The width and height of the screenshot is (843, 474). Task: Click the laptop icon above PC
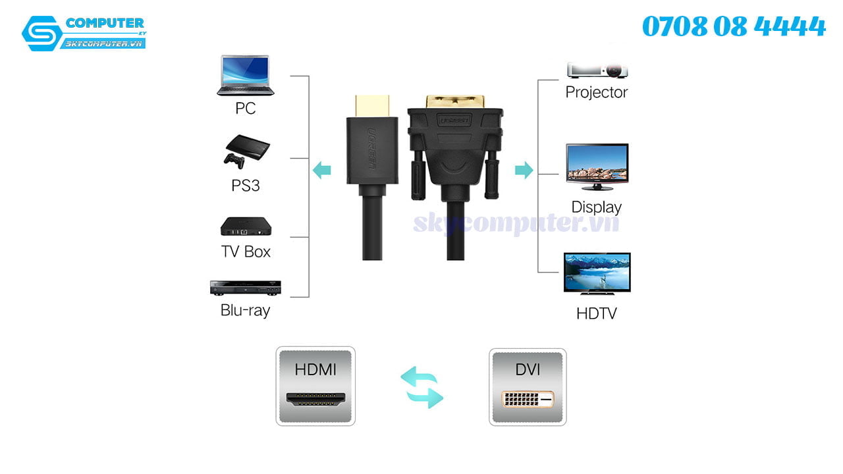click(245, 76)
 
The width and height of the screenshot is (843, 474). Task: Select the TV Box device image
click(246, 226)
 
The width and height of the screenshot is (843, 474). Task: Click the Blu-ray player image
click(245, 288)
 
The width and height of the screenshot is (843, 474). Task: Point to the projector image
click(597, 70)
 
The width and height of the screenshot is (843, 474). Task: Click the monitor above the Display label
click(597, 167)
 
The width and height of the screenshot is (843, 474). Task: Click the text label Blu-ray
click(245, 310)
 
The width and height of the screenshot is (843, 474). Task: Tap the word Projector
click(597, 92)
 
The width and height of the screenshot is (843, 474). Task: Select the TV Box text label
click(246, 251)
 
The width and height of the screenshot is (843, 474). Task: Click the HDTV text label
click(597, 313)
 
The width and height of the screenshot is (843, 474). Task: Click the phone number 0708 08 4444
click(734, 27)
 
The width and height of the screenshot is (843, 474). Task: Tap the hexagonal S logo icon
click(41, 33)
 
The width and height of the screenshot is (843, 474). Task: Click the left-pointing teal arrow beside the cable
click(321, 170)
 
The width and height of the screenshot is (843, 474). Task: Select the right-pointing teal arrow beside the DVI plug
click(524, 170)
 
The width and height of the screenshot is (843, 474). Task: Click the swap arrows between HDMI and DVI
click(422, 388)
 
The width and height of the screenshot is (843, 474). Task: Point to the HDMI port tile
click(315, 386)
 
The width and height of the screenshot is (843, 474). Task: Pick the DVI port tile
click(528, 387)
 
